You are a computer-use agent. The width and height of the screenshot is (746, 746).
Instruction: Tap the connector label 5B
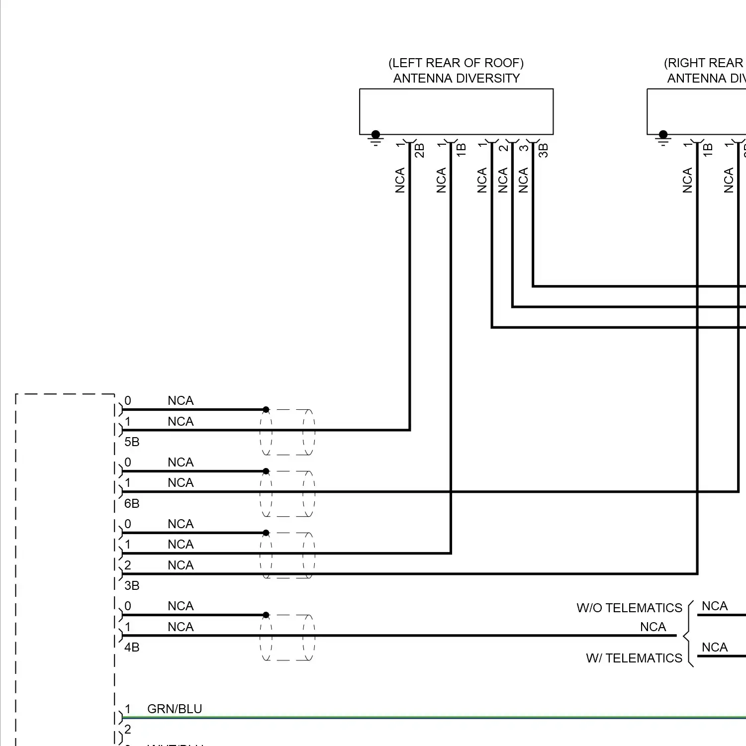click(x=132, y=442)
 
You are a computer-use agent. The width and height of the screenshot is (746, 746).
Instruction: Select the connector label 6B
click(x=132, y=503)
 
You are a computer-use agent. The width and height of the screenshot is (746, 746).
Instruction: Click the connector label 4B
click(x=132, y=647)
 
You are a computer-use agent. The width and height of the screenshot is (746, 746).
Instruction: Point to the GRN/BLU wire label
click(x=175, y=709)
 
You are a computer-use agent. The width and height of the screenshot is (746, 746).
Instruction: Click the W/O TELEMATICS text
click(x=629, y=608)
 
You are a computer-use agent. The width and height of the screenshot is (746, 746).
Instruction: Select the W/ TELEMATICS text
click(x=634, y=658)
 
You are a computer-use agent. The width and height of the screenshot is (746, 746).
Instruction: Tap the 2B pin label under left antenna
click(x=419, y=150)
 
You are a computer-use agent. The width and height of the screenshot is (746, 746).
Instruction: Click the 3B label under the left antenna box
click(x=543, y=150)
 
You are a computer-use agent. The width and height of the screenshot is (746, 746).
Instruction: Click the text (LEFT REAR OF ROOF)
click(x=456, y=63)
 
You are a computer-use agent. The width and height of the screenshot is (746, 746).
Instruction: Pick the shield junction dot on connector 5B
click(x=266, y=410)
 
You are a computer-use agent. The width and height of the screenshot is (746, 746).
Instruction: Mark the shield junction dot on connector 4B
click(x=266, y=615)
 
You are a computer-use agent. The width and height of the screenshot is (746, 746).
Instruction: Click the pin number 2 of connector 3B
click(x=128, y=565)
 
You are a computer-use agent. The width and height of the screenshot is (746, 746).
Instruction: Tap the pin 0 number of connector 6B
click(x=128, y=462)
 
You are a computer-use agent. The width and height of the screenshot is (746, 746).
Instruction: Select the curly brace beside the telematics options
click(x=688, y=635)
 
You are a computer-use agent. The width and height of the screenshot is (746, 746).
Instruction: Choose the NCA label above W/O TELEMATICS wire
click(x=714, y=606)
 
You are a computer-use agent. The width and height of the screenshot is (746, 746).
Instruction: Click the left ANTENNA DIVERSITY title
click(x=456, y=79)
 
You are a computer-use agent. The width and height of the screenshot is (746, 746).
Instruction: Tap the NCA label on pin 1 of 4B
click(x=181, y=627)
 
